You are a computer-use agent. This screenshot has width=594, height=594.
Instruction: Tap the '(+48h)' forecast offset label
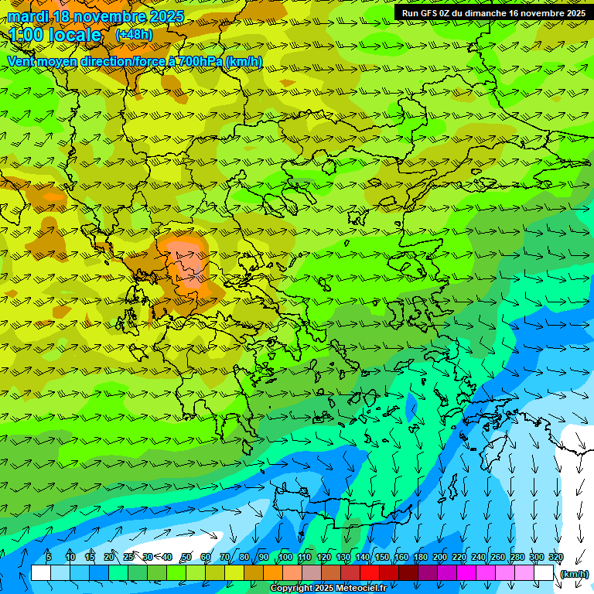click(134, 34)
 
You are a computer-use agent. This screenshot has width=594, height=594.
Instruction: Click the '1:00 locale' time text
click(55, 35)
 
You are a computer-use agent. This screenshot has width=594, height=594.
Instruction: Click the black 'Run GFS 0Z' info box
click(493, 13)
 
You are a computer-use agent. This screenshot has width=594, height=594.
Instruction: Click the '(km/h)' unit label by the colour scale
click(574, 574)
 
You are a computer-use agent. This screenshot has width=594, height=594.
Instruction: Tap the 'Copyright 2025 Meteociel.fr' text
click(328, 589)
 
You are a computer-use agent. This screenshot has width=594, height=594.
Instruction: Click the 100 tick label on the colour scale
click(285, 557)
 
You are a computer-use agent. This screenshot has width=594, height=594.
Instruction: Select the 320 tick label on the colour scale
click(556, 557)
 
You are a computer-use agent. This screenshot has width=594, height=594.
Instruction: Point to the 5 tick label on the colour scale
click(49, 557)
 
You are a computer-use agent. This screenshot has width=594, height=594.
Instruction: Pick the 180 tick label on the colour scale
click(421, 557)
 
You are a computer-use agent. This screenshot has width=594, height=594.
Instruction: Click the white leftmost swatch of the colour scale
click(40, 573)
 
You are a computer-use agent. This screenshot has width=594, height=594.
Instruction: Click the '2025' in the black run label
click(573, 13)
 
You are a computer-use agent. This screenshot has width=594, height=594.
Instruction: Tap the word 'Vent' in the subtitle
click(23, 61)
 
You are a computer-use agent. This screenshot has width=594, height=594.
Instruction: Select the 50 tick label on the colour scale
click(186, 557)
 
